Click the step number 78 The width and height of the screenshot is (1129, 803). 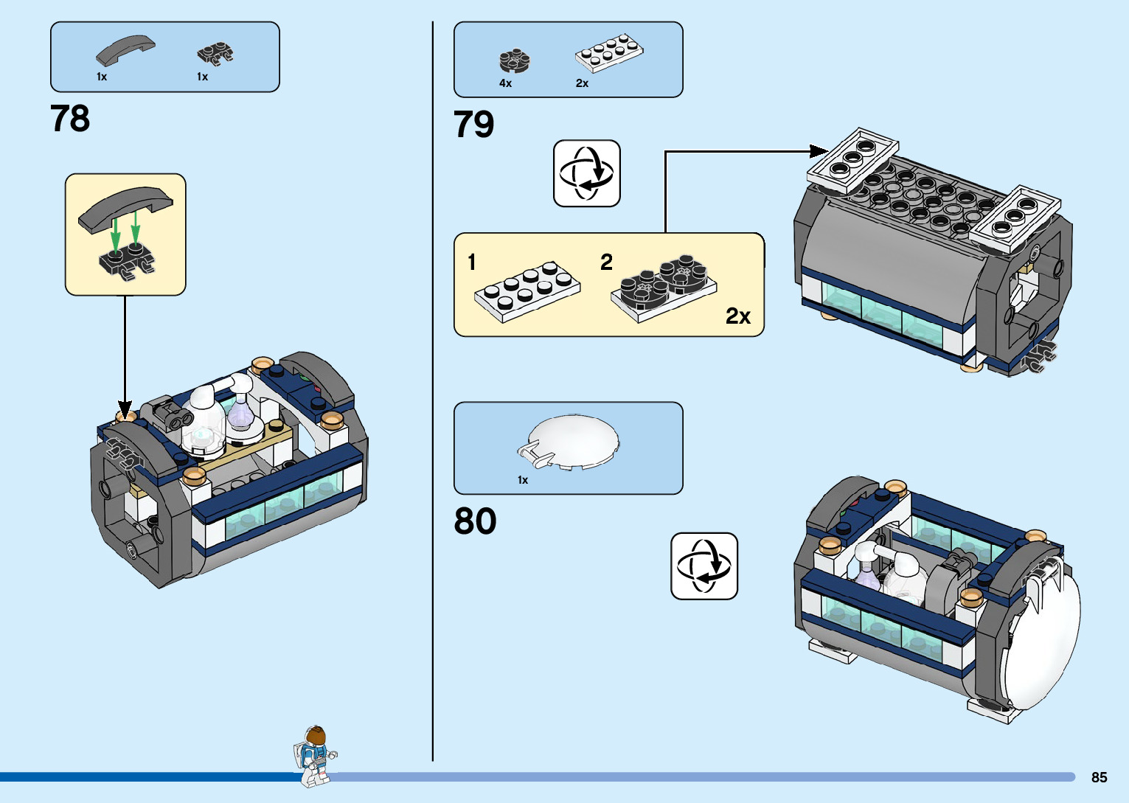(x=70, y=118)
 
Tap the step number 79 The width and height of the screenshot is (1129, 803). (x=473, y=124)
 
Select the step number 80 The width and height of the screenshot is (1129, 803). (x=475, y=521)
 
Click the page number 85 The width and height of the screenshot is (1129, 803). (x=1099, y=777)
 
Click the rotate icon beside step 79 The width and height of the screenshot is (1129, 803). (x=586, y=173)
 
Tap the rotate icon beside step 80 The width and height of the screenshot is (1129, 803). (x=704, y=566)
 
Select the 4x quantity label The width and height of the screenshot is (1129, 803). (x=505, y=83)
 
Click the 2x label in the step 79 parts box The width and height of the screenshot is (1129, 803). (x=582, y=83)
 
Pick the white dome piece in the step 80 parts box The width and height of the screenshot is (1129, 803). (x=571, y=441)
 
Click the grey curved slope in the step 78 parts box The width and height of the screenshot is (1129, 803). (x=125, y=50)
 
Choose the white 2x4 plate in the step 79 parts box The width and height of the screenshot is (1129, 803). (x=609, y=52)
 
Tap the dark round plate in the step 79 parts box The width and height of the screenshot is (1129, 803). (x=515, y=60)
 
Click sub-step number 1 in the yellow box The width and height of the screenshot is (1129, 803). (x=472, y=262)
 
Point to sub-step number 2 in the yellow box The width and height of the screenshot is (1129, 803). (x=606, y=262)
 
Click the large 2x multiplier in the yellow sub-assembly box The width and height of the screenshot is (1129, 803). (x=737, y=316)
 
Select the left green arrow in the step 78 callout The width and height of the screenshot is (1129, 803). (x=115, y=234)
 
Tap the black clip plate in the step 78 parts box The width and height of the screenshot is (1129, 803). (x=215, y=53)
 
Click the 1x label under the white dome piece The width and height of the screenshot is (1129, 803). (x=523, y=480)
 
